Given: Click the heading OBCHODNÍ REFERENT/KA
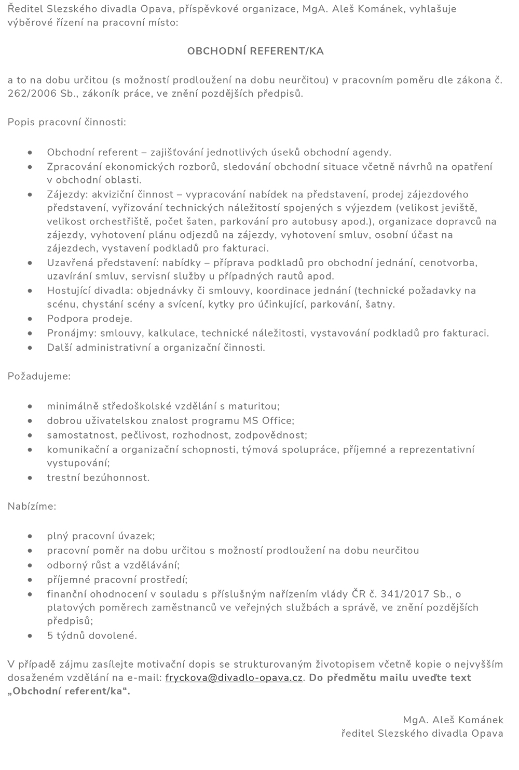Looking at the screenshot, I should (255, 51).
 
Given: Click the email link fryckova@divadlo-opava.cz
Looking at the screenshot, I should (234, 678).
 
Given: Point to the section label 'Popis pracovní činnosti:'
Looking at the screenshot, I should (66, 123).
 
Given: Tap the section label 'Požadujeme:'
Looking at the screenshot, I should (39, 376).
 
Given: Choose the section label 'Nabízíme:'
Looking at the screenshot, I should (32, 507).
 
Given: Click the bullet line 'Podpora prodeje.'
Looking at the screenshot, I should (89, 319).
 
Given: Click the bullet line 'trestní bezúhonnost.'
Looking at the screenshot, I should (98, 478).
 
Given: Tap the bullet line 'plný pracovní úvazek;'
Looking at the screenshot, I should (101, 536).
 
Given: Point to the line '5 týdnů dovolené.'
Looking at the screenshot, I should (92, 635).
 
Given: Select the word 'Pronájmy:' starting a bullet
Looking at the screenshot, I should (72, 334).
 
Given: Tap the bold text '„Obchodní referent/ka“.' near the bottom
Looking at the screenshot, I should (69, 692).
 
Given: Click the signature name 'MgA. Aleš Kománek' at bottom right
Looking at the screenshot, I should (453, 720).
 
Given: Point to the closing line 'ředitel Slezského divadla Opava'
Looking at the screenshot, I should (422, 734).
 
